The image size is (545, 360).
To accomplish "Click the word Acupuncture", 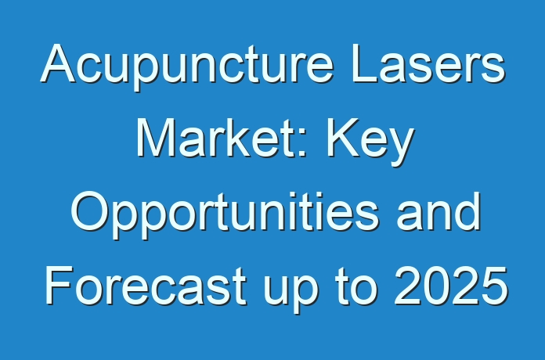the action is (x=187, y=65).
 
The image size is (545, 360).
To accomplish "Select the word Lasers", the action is (x=428, y=63).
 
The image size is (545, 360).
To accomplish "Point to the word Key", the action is (x=370, y=141).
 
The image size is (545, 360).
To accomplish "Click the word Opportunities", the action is (x=224, y=214).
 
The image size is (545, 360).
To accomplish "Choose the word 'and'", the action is (x=439, y=211).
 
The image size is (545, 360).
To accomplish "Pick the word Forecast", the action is (x=146, y=286).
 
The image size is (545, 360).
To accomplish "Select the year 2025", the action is (x=450, y=285).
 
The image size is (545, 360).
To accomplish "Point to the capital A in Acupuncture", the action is (x=58, y=63).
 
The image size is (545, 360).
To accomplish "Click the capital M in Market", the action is (x=156, y=137).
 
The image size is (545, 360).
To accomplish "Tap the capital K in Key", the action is (x=343, y=137).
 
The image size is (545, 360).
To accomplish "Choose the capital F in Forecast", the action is (x=60, y=285).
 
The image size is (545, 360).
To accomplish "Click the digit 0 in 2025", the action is (x=436, y=286).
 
